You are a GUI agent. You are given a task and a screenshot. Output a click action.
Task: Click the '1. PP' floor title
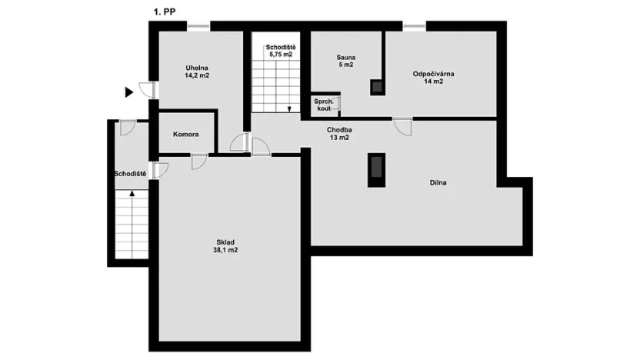click(x=165, y=12)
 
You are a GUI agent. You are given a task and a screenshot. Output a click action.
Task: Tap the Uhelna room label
click(x=197, y=67)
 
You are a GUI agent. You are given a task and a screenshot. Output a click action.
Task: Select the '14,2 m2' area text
click(x=197, y=76)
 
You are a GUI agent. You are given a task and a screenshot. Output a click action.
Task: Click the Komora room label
click(x=186, y=134)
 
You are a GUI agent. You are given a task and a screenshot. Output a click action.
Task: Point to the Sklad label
click(x=225, y=240)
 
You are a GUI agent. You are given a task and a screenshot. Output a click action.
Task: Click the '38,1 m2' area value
click(x=225, y=250)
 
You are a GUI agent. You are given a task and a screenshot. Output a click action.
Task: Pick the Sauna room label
click(x=345, y=57)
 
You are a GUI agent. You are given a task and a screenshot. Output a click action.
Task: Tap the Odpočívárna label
click(x=433, y=73)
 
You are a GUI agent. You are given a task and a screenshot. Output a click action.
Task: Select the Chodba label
click(x=339, y=129)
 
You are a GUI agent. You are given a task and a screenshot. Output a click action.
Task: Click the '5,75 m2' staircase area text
click(x=280, y=55)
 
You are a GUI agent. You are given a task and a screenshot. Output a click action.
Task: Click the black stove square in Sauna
click(x=377, y=86)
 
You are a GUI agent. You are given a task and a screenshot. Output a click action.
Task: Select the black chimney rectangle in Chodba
click(x=376, y=170)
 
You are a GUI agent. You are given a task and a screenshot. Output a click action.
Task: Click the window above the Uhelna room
click(x=199, y=28)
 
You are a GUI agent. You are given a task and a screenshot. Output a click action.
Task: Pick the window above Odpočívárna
click(x=415, y=28)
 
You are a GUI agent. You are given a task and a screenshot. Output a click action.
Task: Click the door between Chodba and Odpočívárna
click(x=402, y=125)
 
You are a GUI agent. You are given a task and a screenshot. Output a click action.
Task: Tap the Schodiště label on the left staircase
click(x=130, y=174)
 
